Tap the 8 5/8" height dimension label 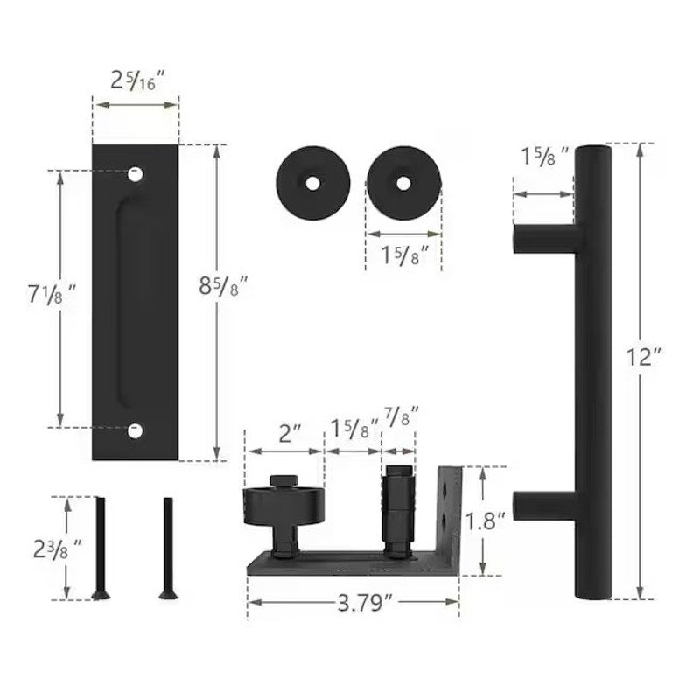(222, 286)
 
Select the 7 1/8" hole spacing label (52, 295)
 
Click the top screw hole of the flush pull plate (136, 174)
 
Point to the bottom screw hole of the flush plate (136, 430)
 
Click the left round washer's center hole (313, 183)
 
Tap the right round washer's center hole (403, 183)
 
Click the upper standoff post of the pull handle (543, 238)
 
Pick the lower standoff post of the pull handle (543, 506)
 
